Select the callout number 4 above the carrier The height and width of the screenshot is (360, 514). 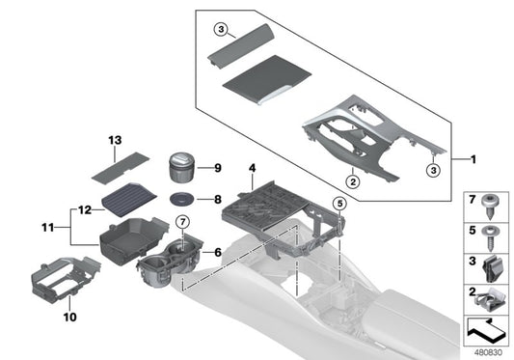252,168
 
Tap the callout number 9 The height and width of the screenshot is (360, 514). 217,168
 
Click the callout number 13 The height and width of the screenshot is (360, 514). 115,141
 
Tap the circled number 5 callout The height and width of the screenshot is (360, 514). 338,204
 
